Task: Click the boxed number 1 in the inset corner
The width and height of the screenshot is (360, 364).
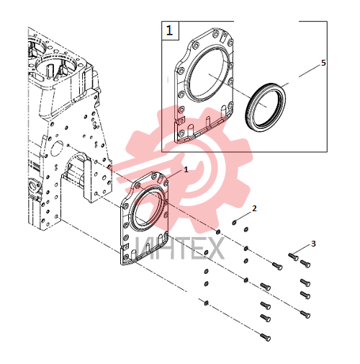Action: point(169,31)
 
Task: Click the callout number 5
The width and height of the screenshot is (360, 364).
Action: point(323,63)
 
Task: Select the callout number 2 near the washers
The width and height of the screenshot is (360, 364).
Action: point(254,208)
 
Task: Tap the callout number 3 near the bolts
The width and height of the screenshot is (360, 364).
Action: point(313,244)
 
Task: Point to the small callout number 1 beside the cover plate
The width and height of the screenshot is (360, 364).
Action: point(186,169)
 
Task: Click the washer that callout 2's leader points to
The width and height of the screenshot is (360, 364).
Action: point(234,223)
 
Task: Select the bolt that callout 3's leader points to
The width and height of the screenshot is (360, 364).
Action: point(293,257)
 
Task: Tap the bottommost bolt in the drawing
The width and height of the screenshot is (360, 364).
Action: point(266,337)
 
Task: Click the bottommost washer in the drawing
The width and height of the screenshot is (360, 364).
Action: point(206,303)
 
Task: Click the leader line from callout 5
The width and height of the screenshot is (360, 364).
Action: point(310,71)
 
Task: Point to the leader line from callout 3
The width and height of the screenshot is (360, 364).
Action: point(302,249)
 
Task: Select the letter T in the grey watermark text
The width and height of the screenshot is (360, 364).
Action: point(176,249)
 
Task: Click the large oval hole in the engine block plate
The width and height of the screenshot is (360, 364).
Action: point(57,148)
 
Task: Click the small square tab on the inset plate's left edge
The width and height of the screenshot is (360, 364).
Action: point(180,120)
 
